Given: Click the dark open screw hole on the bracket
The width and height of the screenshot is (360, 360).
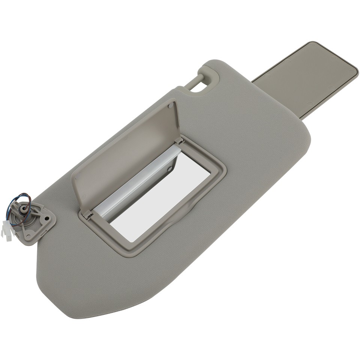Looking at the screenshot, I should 47,218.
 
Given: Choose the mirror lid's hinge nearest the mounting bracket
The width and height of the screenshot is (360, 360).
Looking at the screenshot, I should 87,214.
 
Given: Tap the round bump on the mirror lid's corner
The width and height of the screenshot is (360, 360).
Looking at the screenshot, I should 171,106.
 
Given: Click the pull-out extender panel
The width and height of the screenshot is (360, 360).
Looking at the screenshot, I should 307,79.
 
